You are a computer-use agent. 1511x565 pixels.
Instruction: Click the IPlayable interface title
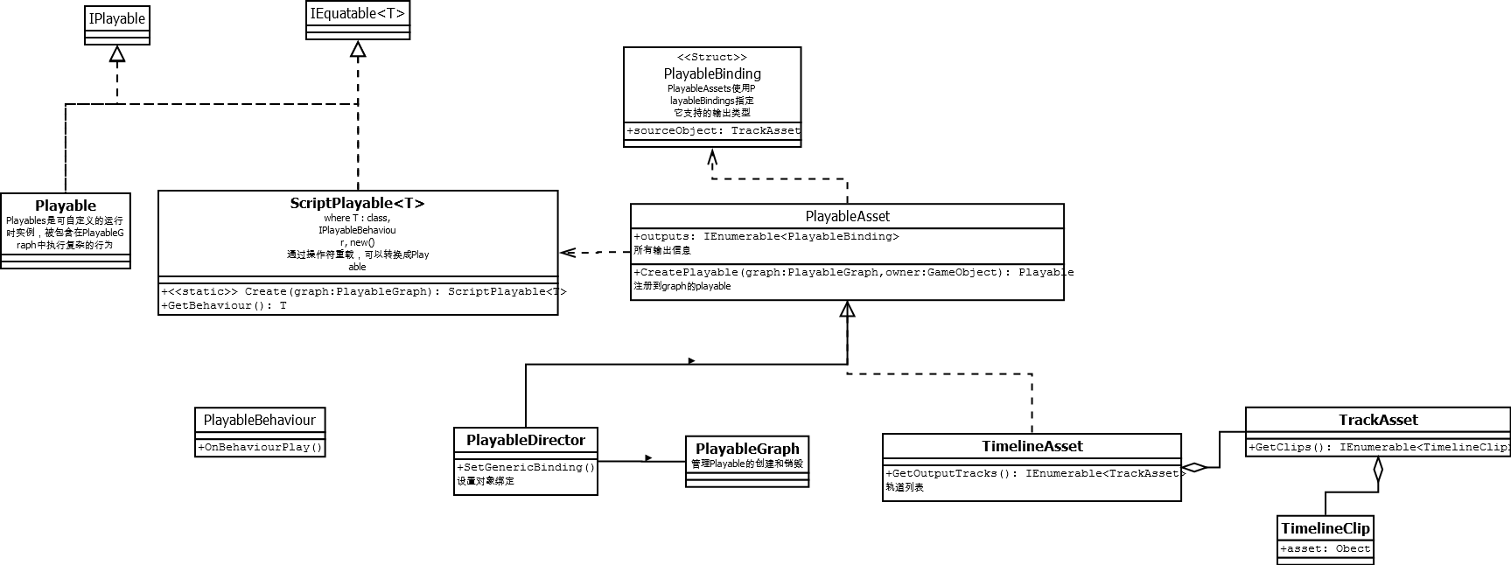click(x=117, y=18)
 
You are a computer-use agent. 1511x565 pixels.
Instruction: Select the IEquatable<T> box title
click(x=357, y=14)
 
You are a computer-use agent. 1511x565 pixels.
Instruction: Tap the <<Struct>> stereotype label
click(x=711, y=58)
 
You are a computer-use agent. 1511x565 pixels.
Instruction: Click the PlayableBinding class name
click(x=711, y=73)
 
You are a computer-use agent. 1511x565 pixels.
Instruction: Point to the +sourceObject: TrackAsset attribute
click(x=712, y=130)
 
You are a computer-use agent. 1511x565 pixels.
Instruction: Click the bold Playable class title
click(x=66, y=206)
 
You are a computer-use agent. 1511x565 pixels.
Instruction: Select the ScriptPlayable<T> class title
click(x=357, y=203)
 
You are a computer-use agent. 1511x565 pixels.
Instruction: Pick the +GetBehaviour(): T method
click(x=224, y=305)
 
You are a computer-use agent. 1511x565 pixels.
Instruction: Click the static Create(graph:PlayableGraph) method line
click(x=363, y=291)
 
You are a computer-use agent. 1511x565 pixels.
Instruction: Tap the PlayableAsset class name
click(x=847, y=216)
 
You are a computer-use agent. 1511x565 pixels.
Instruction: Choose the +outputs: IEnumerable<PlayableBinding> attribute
click(x=766, y=236)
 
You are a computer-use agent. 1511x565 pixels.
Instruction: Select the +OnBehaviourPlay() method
click(x=260, y=447)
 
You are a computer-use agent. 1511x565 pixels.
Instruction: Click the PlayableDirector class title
click(x=525, y=440)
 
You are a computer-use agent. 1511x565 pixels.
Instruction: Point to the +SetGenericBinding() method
click(x=525, y=467)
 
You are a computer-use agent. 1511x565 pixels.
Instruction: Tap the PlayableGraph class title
click(x=747, y=449)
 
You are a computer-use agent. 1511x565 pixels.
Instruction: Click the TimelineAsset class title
click(x=1032, y=446)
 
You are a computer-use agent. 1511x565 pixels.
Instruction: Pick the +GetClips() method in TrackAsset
click(x=1377, y=447)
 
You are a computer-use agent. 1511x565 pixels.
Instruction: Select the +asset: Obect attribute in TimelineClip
click(x=1325, y=548)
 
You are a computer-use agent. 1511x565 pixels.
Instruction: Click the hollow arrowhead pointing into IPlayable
click(x=117, y=54)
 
